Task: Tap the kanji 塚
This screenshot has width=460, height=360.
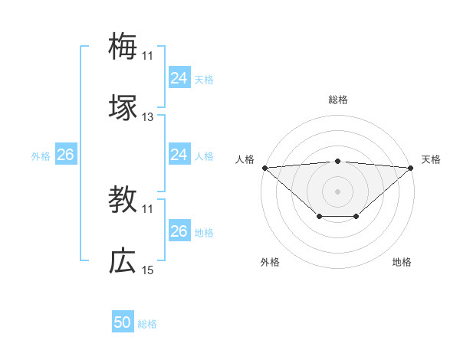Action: pos(123,108)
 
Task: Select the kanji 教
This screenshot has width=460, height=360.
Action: pos(123,200)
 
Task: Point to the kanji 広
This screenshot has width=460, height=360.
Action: pos(123,261)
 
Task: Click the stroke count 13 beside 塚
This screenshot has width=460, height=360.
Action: pos(147,117)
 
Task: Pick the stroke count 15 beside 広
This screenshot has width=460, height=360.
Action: pos(147,270)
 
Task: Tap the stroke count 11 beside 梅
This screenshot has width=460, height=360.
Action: pos(147,55)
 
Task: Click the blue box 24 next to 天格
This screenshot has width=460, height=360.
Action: pos(179,77)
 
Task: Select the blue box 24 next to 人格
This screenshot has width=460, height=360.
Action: pos(179,155)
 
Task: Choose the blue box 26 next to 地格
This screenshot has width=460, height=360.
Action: pos(179,231)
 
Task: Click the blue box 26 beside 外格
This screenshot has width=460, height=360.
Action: pos(65,155)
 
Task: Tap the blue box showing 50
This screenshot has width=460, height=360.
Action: pos(123,322)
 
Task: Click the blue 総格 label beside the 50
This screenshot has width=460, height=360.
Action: pos(147,324)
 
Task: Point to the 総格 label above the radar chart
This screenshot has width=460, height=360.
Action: pos(337,100)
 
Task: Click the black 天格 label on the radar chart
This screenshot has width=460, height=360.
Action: pos(432,159)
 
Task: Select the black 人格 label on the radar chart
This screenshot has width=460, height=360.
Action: pos(245,159)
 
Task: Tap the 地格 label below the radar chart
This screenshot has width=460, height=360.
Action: pos(402,262)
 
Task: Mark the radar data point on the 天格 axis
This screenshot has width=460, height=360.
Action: pos(412,167)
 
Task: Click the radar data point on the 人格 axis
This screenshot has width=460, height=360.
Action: pos(264,167)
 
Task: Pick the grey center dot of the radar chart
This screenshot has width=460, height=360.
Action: pos(337,191)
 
